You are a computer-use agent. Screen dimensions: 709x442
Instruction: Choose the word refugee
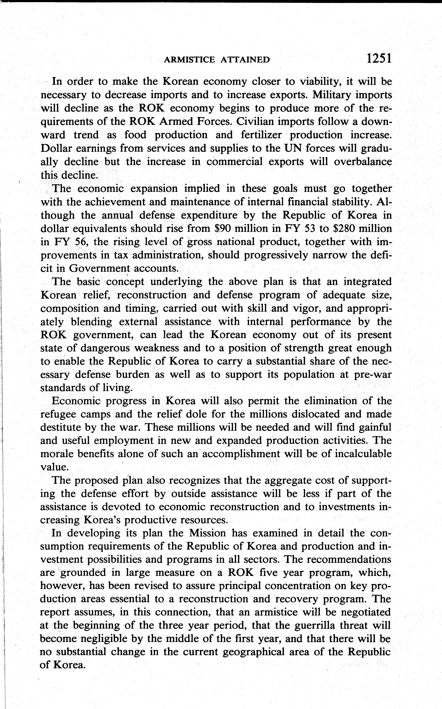coord(58,415)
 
